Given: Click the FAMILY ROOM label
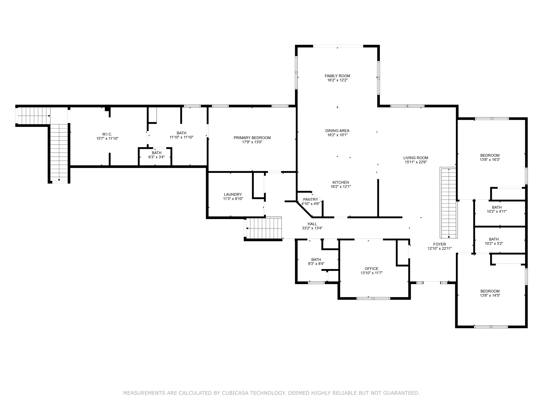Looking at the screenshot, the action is [337, 76].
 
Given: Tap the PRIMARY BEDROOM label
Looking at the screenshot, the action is [252, 138].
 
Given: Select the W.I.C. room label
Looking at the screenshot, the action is [107, 134].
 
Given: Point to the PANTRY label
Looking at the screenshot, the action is [310, 200].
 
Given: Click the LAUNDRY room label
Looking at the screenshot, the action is [233, 194].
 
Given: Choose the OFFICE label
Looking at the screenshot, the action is [371, 269].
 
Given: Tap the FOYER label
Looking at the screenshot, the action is [440, 244].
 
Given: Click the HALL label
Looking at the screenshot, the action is [312, 224].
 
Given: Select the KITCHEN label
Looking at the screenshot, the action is [341, 182].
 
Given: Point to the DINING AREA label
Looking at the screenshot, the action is [337, 131].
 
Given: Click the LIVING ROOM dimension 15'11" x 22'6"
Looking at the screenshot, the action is [416, 162].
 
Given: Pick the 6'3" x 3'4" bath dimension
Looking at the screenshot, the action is [156, 157].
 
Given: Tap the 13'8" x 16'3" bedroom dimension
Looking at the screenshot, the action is [490, 160].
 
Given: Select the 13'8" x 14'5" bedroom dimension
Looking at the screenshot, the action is [490, 295].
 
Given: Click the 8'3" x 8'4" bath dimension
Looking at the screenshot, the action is [316, 264].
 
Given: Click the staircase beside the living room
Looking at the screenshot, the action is [448, 203].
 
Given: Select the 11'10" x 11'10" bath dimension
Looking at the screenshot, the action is [181, 137].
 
